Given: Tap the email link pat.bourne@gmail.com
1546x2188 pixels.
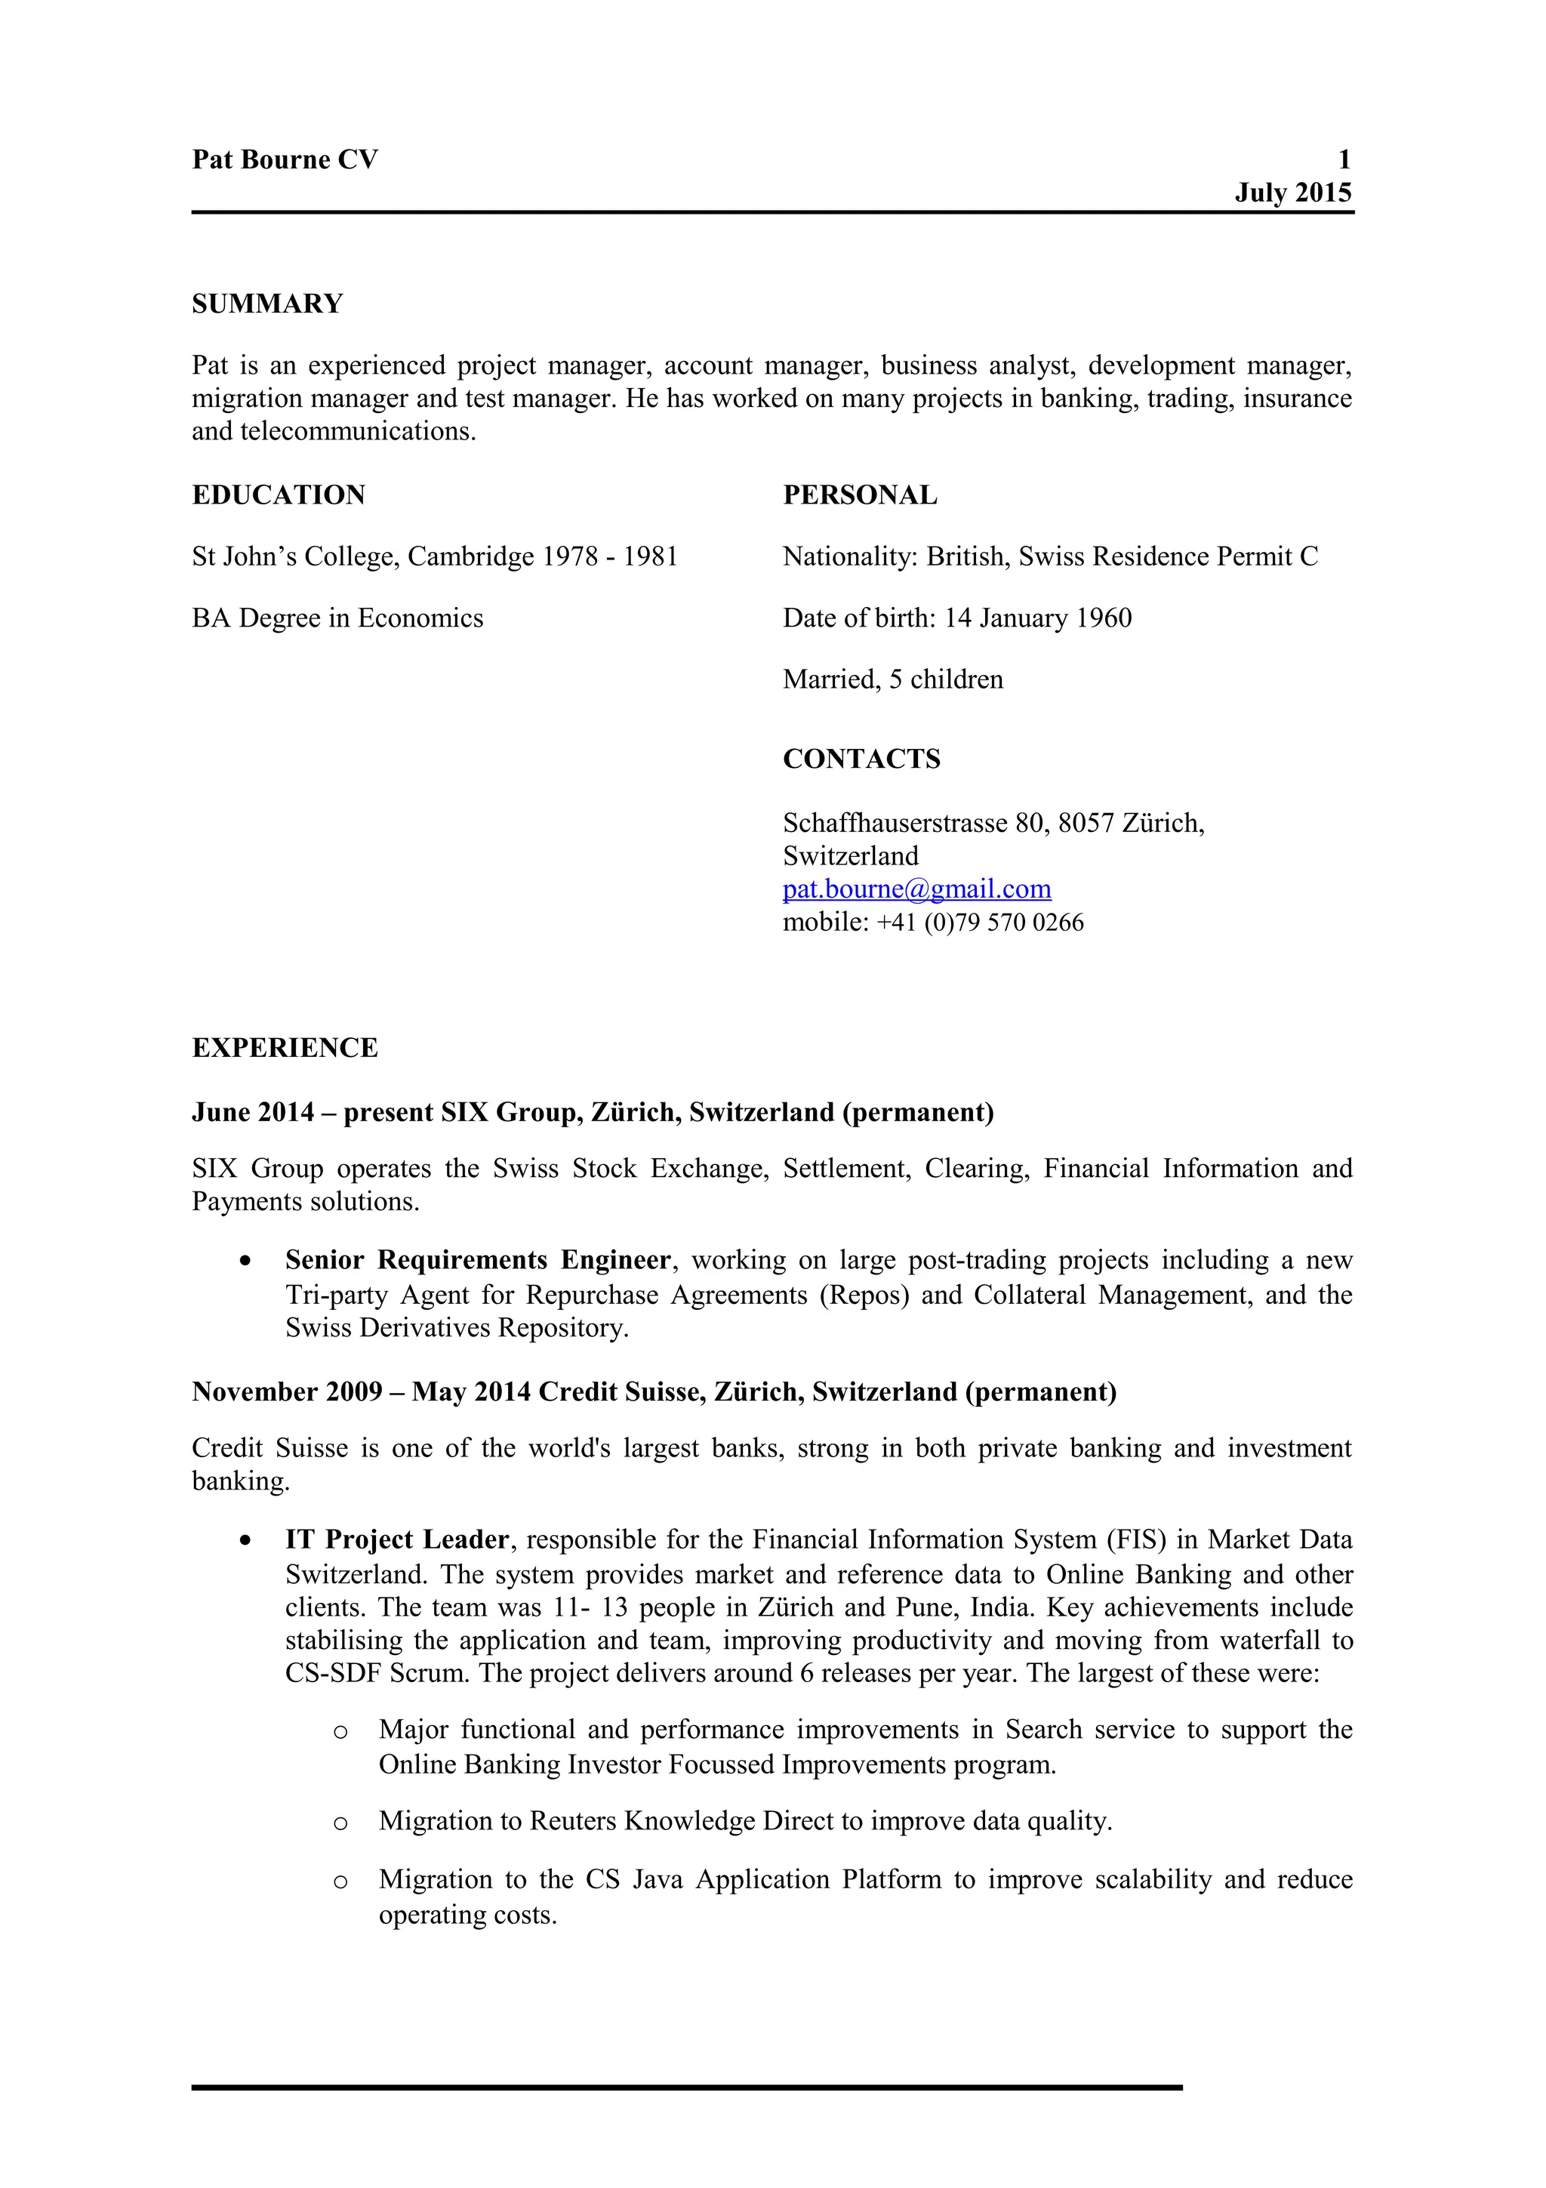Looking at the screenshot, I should click(x=916, y=889).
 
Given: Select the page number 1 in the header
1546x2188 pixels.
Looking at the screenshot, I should click(x=1344, y=159).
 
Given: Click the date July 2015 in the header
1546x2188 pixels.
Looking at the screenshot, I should click(x=1292, y=193).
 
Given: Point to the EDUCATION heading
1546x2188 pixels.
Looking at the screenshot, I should click(x=278, y=495).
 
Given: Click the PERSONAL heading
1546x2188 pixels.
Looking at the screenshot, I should click(x=859, y=495).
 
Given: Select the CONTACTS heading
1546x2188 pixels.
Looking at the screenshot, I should click(x=861, y=759).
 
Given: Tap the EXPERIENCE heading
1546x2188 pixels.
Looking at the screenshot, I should click(x=285, y=1047).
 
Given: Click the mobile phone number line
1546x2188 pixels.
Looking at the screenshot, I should click(x=932, y=923).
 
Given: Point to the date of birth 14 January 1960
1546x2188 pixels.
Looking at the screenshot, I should click(x=1037, y=618).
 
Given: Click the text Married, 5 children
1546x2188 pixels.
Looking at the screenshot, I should click(x=892, y=680).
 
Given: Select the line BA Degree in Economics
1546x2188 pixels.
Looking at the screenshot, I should click(x=337, y=618).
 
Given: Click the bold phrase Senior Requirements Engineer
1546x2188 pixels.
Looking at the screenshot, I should click(x=477, y=1260).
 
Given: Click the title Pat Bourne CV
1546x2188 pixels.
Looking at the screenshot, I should click(x=285, y=159).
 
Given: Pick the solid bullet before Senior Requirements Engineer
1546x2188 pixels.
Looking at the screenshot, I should click(x=247, y=1261).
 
